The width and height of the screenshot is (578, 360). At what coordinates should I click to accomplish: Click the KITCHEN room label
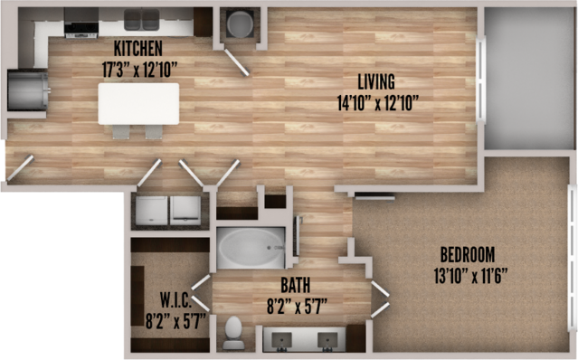point(137,48)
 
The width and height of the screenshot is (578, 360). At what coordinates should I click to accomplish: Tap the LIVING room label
point(376,81)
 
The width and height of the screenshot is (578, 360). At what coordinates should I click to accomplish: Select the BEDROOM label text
point(468,254)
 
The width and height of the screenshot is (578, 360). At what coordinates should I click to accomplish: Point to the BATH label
point(295,285)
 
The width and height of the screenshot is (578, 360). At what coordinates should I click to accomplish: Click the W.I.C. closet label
point(175,300)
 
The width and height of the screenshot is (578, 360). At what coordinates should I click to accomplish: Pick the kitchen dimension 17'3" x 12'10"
point(139,70)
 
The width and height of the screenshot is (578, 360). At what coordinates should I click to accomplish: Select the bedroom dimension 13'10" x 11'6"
point(470,276)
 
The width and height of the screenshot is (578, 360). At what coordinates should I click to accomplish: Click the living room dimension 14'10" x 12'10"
point(378,103)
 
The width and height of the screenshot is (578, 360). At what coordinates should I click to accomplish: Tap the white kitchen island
point(138,104)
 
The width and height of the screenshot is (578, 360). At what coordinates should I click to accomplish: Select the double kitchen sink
point(141,20)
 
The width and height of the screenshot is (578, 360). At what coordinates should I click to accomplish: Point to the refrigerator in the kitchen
point(28,91)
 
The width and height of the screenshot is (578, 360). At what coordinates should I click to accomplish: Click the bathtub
point(251,248)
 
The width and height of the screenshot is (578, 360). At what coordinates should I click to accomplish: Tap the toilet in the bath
point(233,333)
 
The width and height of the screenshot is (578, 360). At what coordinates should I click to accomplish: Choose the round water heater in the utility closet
point(240,24)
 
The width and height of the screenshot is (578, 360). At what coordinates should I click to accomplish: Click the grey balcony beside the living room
point(529,78)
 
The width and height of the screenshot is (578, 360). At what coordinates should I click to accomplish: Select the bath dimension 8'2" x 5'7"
point(297,307)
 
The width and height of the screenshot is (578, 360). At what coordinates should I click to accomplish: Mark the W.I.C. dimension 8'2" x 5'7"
point(175,321)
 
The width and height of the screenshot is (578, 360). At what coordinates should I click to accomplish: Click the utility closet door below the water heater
point(237,62)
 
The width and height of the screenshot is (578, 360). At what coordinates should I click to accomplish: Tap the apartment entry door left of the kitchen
point(20,168)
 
